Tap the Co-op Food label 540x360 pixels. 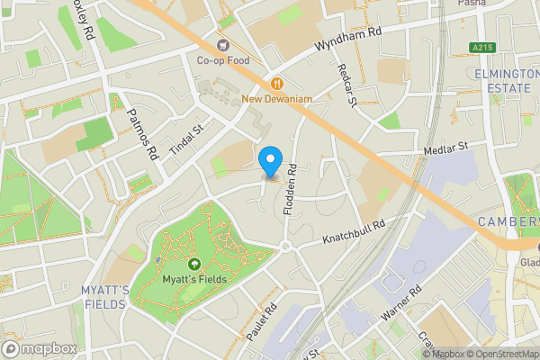(224, 60)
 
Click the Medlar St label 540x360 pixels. (452, 146)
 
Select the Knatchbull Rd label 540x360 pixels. (355, 232)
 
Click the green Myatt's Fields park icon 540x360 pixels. (194, 264)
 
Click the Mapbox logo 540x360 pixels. (40, 348)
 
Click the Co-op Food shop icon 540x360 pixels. (223, 45)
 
